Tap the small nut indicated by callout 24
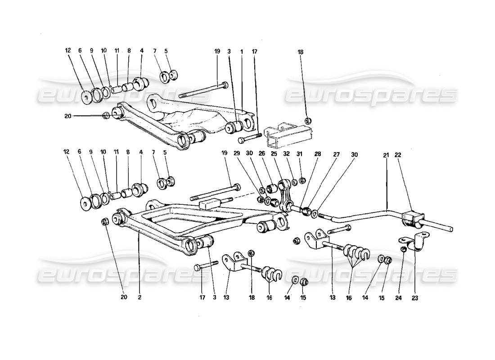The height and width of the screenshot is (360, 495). [x=404, y=248]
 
